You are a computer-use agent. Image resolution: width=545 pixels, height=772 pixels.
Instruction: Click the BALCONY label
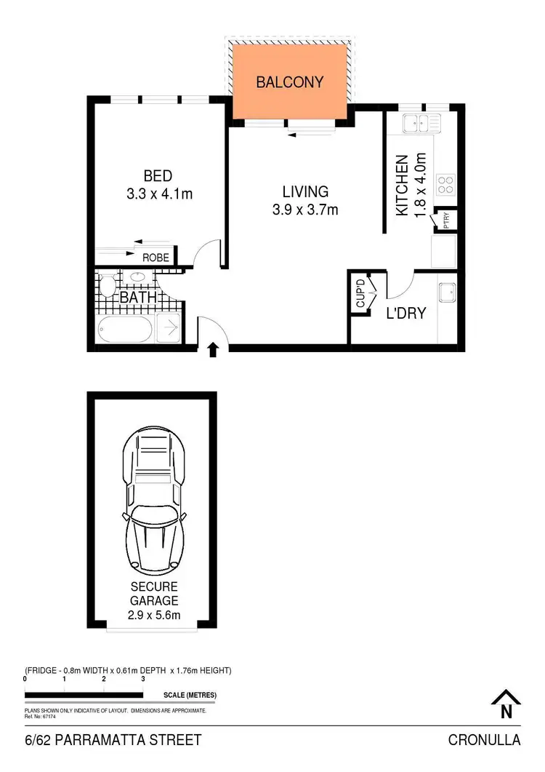289,82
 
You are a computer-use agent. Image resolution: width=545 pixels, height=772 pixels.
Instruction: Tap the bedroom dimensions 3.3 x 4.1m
158,194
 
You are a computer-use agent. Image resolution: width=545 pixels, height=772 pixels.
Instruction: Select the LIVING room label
305,192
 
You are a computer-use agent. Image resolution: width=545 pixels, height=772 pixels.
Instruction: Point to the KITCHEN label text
401,185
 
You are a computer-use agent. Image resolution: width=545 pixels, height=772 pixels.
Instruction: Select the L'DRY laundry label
405,314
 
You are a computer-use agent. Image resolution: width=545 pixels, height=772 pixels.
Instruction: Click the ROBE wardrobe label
156,258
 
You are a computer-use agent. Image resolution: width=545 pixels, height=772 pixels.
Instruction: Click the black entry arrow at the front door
213,351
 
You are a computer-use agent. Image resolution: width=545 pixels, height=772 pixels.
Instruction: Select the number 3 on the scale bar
143,678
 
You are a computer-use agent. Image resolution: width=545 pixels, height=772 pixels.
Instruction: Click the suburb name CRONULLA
485,741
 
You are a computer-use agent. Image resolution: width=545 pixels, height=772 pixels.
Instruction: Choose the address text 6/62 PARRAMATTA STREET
113,741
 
